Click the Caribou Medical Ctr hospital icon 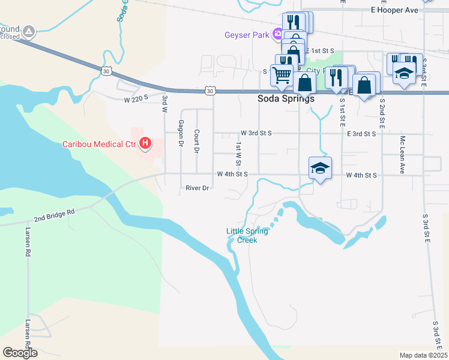145,143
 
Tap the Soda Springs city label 286,99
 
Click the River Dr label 197,188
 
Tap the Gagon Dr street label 180,133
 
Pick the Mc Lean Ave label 403,154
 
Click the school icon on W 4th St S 320,167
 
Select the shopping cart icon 282,75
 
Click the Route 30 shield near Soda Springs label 209,91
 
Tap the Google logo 20,353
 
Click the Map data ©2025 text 424,355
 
